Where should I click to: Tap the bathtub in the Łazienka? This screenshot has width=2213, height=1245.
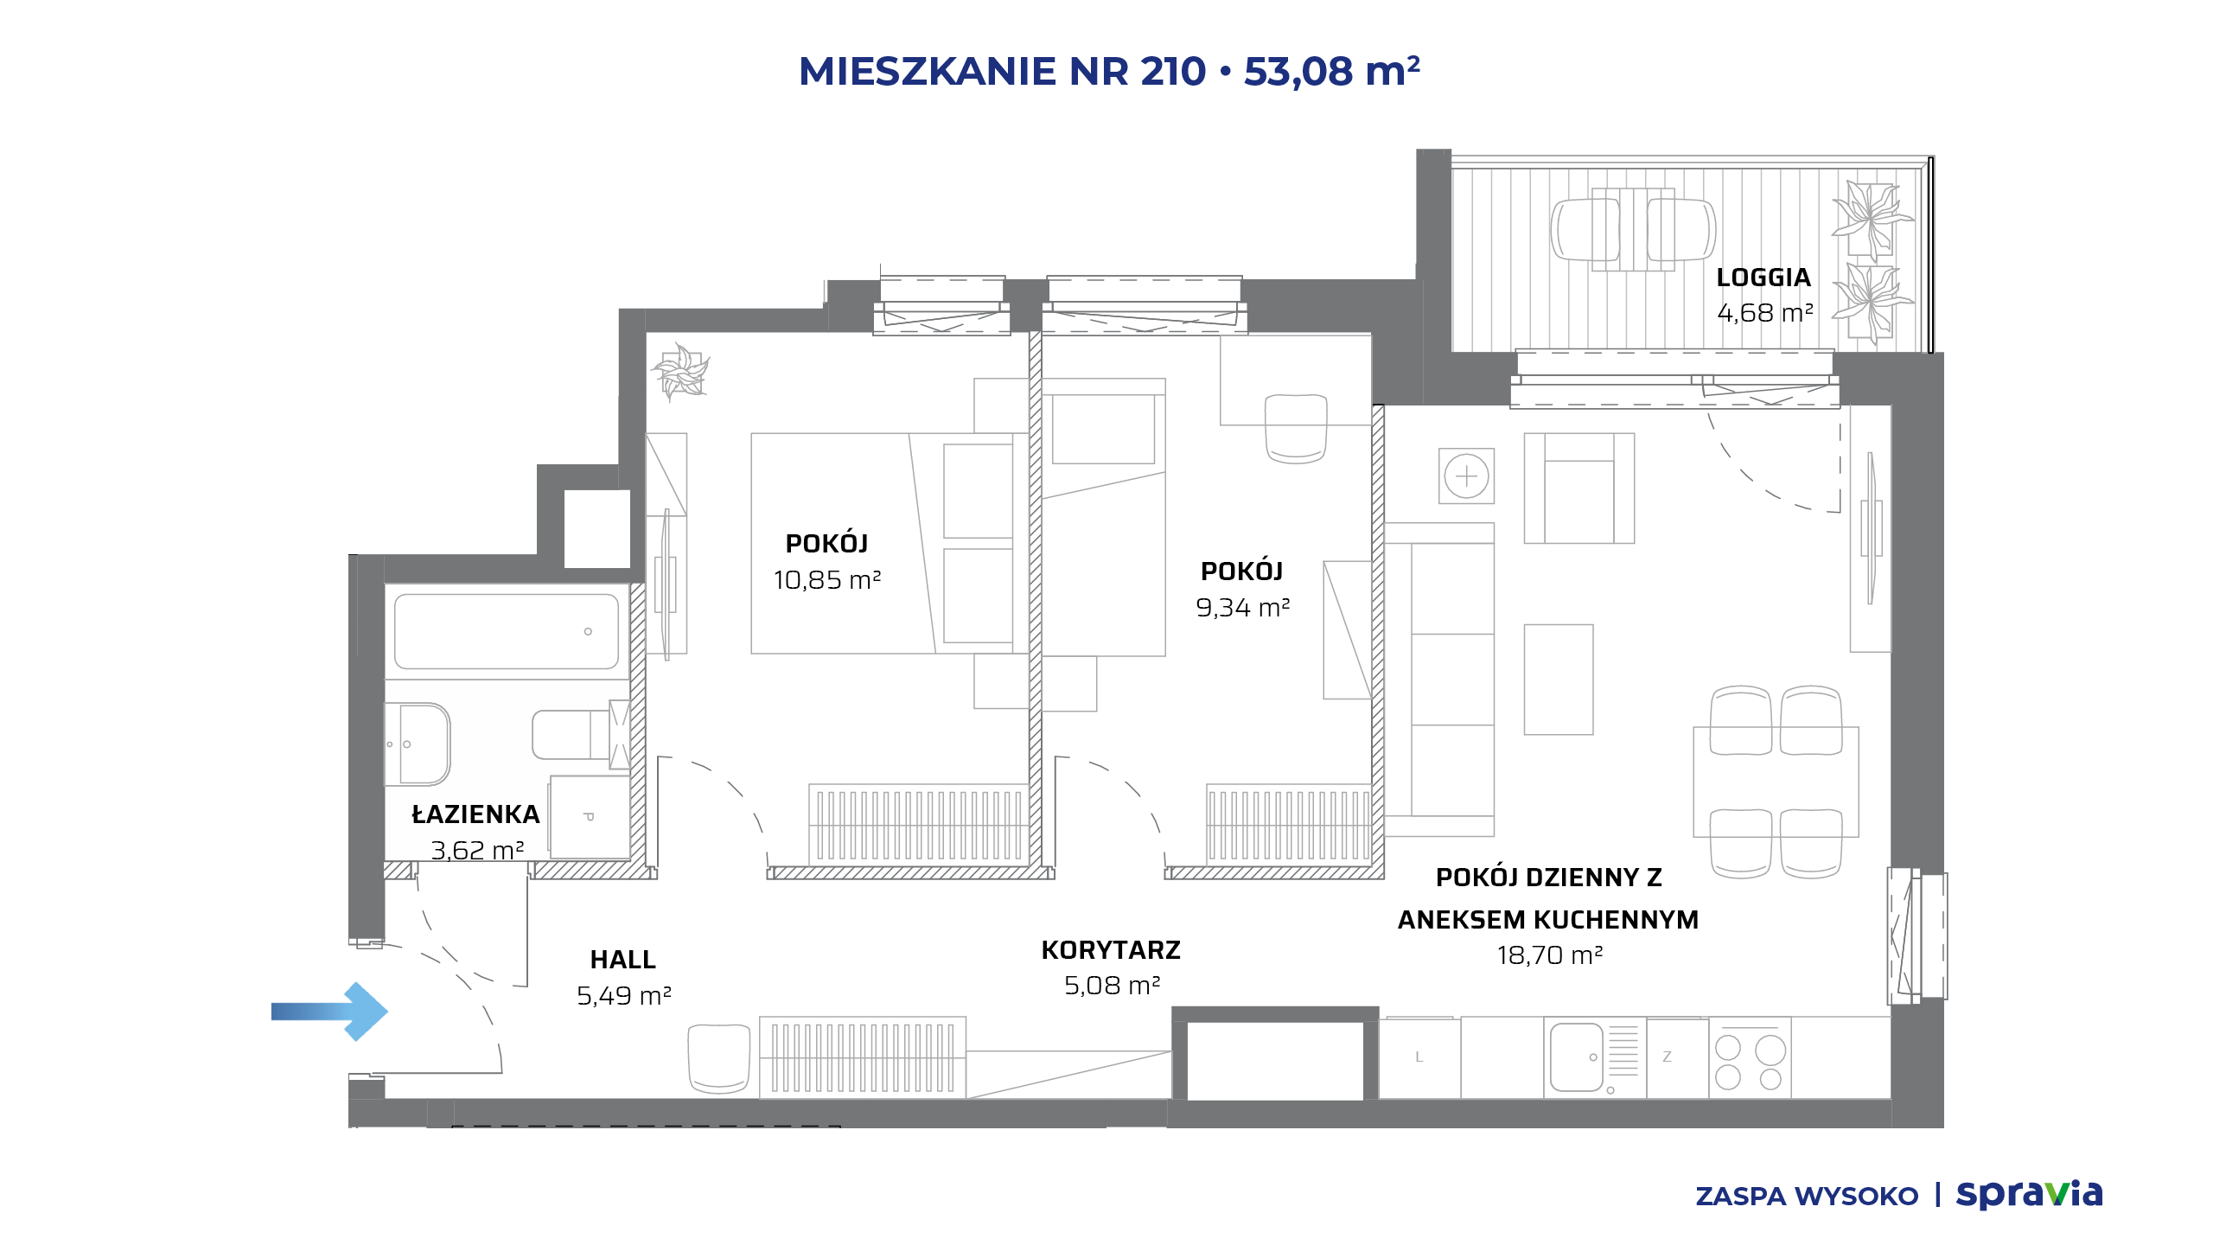[x=507, y=631]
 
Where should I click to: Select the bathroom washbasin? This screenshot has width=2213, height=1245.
[x=418, y=744]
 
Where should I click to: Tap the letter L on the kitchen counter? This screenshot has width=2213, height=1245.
[x=1419, y=1057]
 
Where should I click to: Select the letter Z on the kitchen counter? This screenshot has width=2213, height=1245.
[x=1667, y=1057]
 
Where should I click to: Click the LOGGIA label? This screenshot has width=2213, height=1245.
[x=1763, y=278]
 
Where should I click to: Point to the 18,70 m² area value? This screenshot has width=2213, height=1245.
[x=1550, y=955]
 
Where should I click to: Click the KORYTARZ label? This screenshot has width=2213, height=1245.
[x=1111, y=950]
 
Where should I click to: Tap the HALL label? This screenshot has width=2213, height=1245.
[x=623, y=960]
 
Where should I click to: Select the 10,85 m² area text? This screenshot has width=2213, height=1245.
[x=827, y=580]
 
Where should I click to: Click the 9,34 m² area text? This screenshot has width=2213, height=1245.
[x=1243, y=608]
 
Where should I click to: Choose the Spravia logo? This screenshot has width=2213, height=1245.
[x=2030, y=1194]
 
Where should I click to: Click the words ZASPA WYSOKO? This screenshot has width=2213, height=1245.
[x=1807, y=1197]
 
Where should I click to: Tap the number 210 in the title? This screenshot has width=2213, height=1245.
[x=1173, y=71]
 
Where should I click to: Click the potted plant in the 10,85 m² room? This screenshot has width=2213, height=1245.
[x=681, y=372]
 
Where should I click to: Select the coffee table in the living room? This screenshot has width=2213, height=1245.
[x=1559, y=680]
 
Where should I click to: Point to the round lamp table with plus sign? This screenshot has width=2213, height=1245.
[x=1467, y=476]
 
